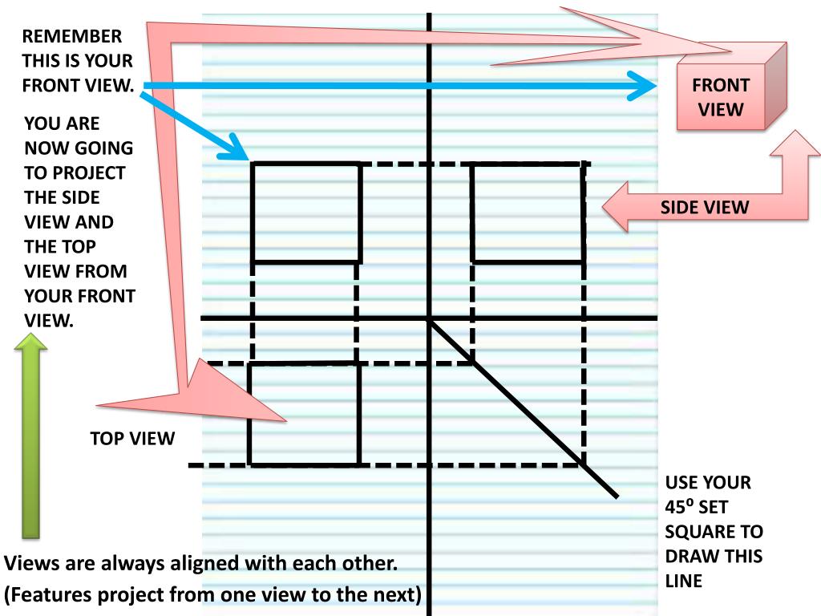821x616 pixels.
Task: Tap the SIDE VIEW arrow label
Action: coord(705,208)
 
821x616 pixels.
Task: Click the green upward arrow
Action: coord(30,437)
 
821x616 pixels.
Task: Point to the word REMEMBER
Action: coord(72,37)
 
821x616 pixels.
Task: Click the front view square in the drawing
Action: coord(305,212)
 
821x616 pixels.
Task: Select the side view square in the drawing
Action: coord(527,212)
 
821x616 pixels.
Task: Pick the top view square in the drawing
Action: coord(303,413)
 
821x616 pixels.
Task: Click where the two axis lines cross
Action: coord(429,319)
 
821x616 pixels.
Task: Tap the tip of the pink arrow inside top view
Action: coord(282,418)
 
